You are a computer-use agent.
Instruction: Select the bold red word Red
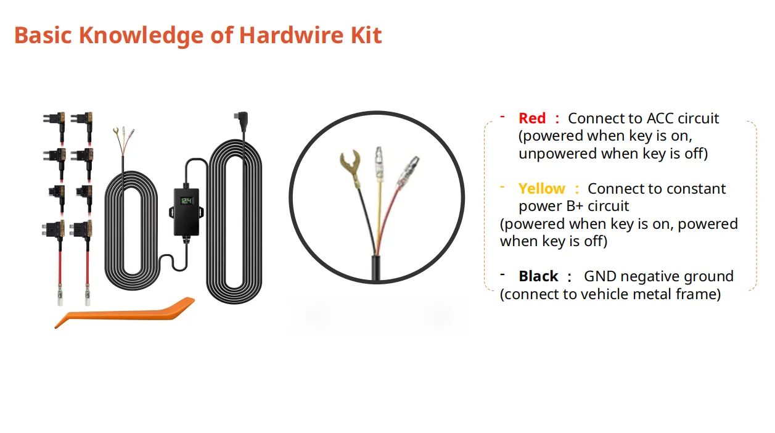[532, 118]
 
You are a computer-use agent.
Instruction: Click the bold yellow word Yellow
[541, 189]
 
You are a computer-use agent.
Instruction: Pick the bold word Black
[538, 276]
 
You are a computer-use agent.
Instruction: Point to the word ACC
[659, 118]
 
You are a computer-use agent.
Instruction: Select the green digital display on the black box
[187, 202]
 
